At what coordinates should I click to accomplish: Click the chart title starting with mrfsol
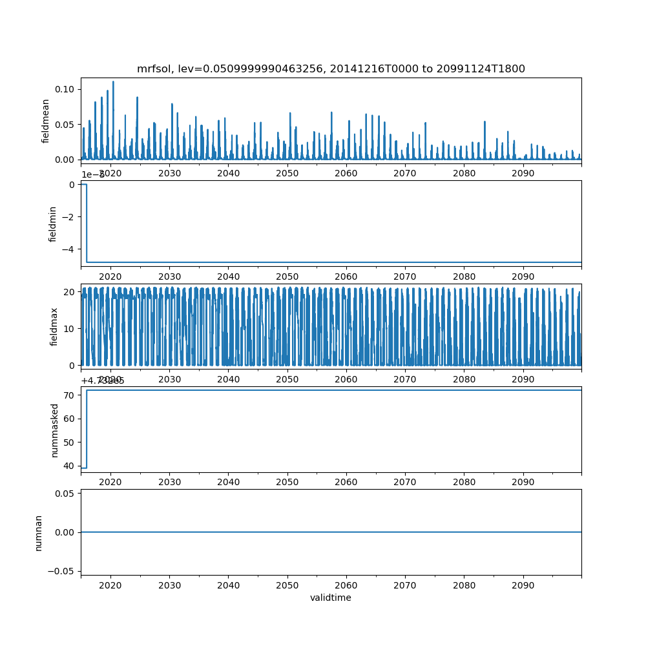click(x=331, y=68)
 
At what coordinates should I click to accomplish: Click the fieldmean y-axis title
click(x=45, y=121)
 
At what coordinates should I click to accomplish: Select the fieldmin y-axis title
click(x=53, y=224)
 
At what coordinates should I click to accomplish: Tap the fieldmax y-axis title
click(x=54, y=326)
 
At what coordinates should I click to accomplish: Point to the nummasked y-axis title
click(x=54, y=430)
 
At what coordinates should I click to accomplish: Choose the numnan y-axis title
click(x=39, y=532)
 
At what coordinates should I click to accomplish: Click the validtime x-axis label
click(x=330, y=598)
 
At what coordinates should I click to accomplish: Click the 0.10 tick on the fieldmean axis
click(x=65, y=89)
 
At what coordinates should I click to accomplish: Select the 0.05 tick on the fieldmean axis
click(x=65, y=124)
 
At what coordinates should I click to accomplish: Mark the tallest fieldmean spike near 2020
click(x=113, y=82)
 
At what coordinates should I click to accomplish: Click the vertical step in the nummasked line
click(x=87, y=429)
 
